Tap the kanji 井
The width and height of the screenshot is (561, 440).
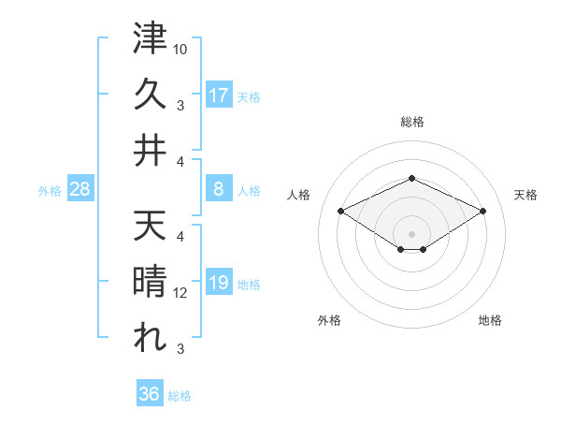click(x=150, y=151)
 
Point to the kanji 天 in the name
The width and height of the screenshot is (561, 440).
click(x=150, y=226)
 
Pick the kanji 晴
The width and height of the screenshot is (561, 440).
click(x=150, y=282)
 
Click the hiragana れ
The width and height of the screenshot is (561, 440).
click(x=150, y=338)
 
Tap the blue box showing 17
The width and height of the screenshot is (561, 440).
click(x=219, y=95)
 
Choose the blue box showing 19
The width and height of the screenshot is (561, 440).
click(x=219, y=284)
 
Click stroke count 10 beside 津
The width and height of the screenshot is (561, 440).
click(x=180, y=47)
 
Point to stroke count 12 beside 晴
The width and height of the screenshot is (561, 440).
click(x=180, y=292)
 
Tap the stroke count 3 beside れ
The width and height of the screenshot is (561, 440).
click(x=180, y=349)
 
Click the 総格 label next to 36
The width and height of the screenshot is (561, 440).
click(x=180, y=396)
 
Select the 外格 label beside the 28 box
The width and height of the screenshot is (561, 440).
click(x=50, y=191)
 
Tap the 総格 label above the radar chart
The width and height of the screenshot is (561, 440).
click(x=411, y=122)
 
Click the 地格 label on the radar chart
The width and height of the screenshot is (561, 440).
click(x=490, y=320)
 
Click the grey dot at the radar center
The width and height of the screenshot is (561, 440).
click(x=411, y=233)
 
